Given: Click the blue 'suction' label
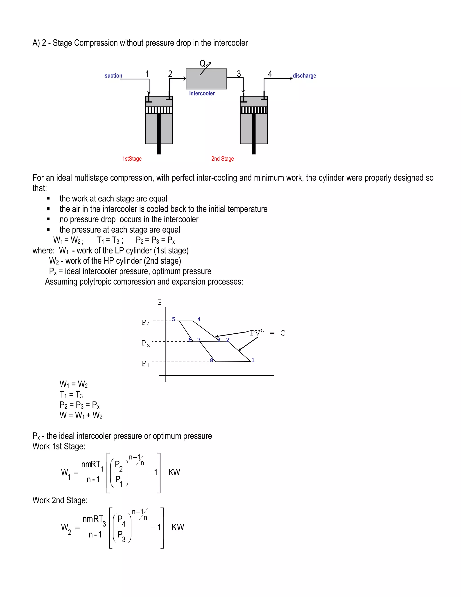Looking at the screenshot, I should click(113, 76).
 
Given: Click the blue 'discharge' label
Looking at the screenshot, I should click(304, 76).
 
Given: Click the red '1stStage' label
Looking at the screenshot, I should click(132, 159).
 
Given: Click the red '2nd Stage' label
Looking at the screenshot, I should click(223, 159).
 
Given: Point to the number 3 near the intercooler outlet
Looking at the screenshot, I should click(239, 74).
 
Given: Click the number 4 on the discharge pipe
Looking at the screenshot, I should click(270, 74).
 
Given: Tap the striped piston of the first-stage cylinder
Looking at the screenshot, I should click(159, 110).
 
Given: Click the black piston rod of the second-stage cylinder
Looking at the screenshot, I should click(254, 134).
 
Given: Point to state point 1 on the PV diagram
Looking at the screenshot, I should click(253, 360).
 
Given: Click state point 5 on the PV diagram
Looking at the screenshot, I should click(174, 319).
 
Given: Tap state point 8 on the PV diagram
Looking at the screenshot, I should click(211, 360).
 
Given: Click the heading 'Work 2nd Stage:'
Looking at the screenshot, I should click(60, 500).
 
